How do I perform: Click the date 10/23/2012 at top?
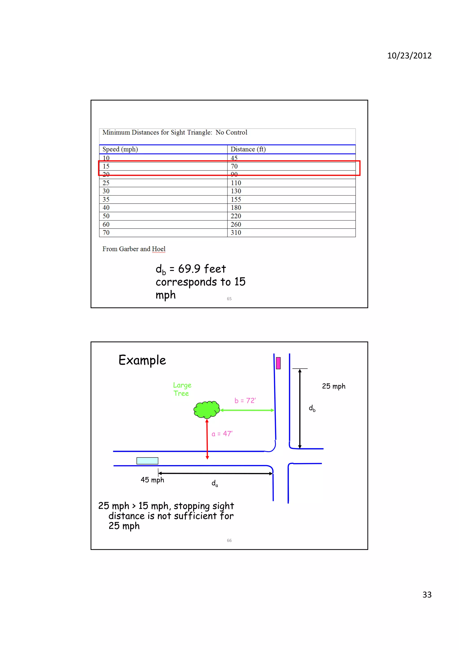tap(409, 55)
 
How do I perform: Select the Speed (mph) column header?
tap(120, 149)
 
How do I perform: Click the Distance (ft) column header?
tap(248, 149)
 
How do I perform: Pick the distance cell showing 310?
tap(236, 233)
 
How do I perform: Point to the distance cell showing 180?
tap(236, 208)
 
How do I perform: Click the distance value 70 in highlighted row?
tap(234, 166)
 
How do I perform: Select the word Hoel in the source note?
tap(158, 249)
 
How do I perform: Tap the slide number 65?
tap(229, 299)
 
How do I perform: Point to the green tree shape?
tap(207, 409)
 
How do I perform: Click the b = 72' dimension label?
tap(245, 401)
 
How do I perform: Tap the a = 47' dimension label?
tap(222, 434)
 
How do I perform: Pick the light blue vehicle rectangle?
tap(147, 461)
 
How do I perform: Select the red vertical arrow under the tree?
tap(207, 439)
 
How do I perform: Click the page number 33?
tap(427, 595)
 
